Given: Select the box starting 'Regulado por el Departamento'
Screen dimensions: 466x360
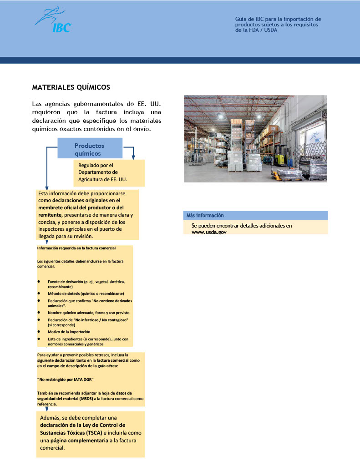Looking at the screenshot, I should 109,172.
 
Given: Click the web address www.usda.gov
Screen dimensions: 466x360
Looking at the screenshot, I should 209,232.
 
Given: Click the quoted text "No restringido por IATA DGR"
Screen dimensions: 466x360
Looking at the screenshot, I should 66,379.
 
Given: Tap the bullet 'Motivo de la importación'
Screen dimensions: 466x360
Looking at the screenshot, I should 69,332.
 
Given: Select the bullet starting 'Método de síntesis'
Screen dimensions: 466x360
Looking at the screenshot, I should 86,294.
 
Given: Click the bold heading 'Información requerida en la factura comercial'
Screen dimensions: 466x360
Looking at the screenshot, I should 76,248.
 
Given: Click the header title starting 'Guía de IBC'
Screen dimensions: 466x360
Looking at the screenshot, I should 278,25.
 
